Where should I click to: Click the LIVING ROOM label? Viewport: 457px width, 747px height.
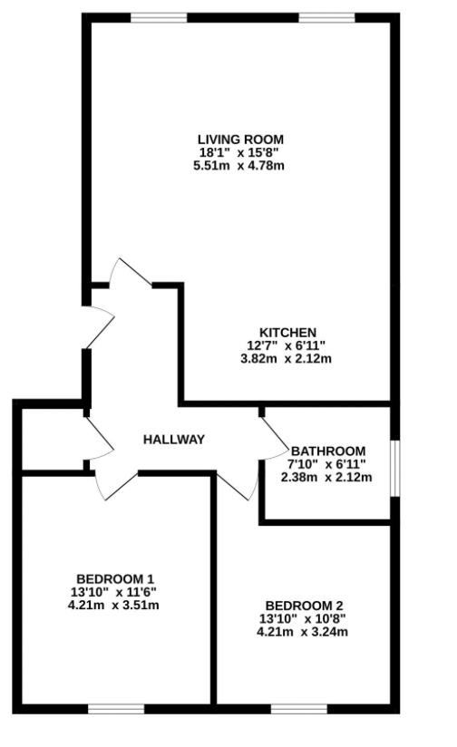click(241, 139)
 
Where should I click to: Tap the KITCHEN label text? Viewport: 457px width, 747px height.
click(287, 332)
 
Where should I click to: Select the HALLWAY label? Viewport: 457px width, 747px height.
click(174, 440)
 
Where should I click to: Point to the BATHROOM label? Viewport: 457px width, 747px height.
click(328, 451)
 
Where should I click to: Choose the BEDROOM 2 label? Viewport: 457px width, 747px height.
click(303, 606)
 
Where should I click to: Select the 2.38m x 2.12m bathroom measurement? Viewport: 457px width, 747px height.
click(328, 477)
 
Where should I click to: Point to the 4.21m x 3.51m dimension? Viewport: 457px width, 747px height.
click(115, 605)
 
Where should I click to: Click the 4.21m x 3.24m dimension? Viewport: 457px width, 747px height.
click(303, 632)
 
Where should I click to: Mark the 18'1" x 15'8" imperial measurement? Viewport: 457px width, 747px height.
click(241, 152)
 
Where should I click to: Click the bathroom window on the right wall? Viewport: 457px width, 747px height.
click(394, 468)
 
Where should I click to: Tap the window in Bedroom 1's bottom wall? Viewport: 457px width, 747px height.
click(115, 708)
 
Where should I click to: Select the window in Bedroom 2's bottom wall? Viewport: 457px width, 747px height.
click(298, 708)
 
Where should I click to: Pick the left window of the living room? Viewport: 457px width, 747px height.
click(159, 18)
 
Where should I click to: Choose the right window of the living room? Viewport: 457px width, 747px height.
click(327, 18)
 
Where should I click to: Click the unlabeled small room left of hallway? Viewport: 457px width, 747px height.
click(52, 440)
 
